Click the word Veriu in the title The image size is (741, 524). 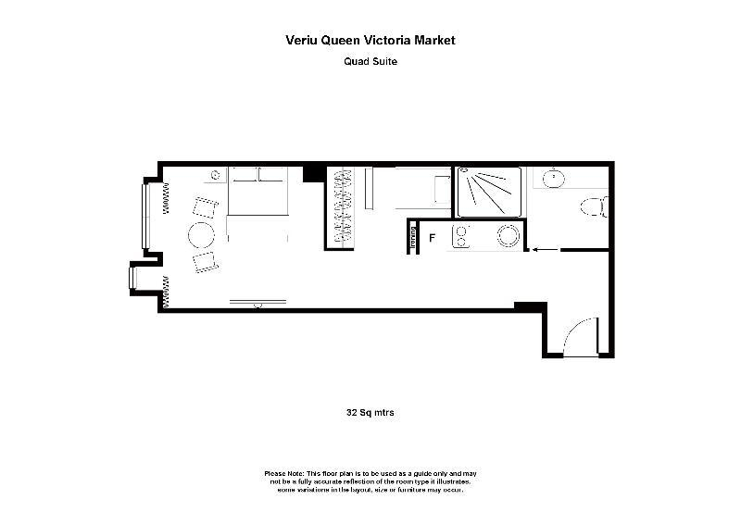pos(301,40)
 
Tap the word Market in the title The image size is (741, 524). pos(434,40)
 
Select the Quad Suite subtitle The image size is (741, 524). pos(370,61)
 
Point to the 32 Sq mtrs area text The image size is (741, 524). pos(370,413)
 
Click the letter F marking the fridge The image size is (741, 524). pos(432,238)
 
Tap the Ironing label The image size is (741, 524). pos(413,237)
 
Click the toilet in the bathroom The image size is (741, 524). pos(594,207)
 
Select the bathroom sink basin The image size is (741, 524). pos(553,179)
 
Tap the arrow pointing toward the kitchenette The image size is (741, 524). pos(546,249)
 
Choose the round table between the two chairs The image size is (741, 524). pos(201,235)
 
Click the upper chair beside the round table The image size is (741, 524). pos(205,207)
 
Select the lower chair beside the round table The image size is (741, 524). pos(206,262)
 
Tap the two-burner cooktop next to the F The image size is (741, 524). pos(460,237)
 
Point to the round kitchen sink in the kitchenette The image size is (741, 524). pos(508,235)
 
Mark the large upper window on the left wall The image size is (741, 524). pos(145,216)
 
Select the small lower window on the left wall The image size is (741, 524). pos(132,278)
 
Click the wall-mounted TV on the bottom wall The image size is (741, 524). pos(258,303)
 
